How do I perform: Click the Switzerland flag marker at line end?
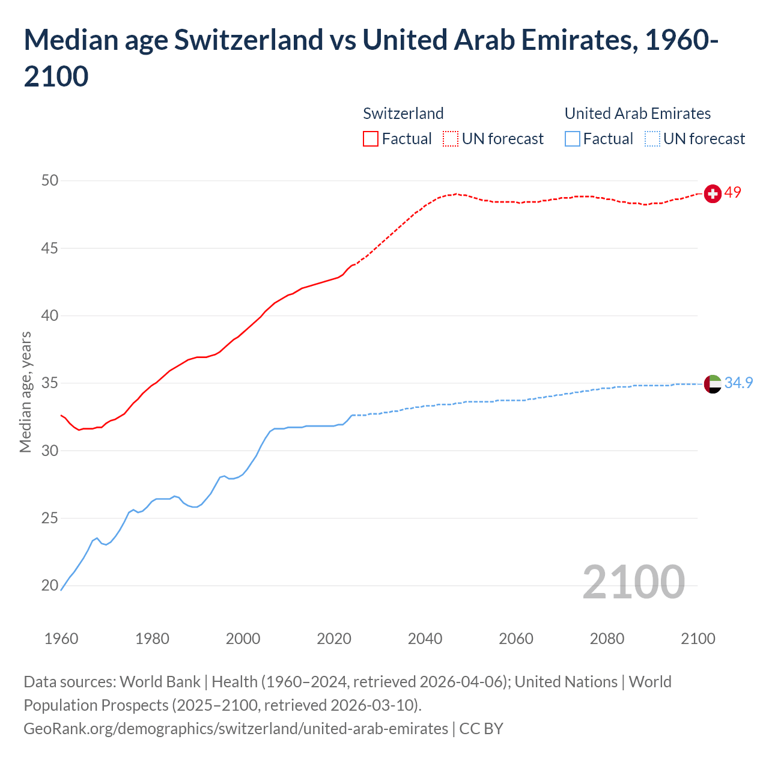713,194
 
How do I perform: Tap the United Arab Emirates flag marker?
713,383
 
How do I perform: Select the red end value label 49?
733,193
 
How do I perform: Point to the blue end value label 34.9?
738,383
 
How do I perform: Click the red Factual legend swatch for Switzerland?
371,139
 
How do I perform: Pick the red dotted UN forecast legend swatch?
451,139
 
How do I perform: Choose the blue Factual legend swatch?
573,139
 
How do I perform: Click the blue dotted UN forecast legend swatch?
652,139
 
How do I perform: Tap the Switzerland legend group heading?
403,114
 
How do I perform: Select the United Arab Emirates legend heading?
637,114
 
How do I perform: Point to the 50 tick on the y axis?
50,181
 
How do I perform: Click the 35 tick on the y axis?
50,383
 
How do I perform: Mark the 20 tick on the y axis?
50,586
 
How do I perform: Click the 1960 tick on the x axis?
61,639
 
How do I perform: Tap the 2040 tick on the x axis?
425,639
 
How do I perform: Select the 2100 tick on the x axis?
698,639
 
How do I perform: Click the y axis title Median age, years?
25,392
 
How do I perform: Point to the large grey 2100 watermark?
634,582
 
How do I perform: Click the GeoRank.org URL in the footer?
236,729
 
